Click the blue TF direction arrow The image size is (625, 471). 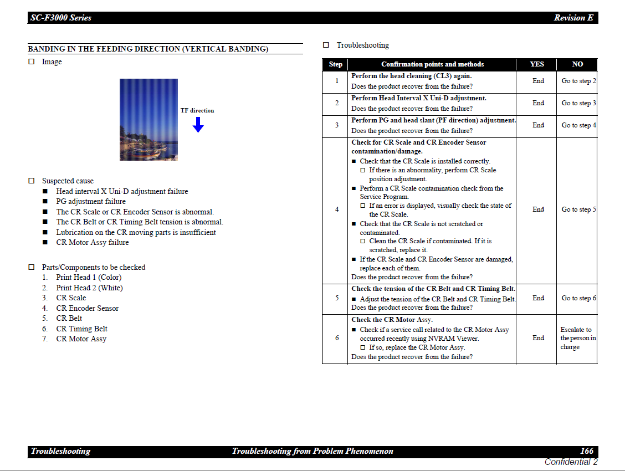click(x=198, y=125)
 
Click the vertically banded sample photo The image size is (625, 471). click(x=148, y=120)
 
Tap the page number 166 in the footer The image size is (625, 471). click(x=586, y=451)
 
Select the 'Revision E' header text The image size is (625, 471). click(x=573, y=18)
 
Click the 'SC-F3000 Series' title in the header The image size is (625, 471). click(x=61, y=18)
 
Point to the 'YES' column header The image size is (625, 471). click(x=536, y=64)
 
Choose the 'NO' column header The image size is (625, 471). click(x=577, y=64)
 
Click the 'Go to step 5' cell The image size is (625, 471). click(x=578, y=209)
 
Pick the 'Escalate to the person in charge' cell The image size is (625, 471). click(x=577, y=338)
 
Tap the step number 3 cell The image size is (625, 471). click(x=336, y=125)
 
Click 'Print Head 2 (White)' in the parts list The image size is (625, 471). click(x=89, y=288)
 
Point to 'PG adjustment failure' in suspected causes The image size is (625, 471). click(x=91, y=201)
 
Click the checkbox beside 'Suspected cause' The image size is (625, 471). click(x=32, y=181)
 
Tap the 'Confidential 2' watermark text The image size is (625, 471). click(x=571, y=462)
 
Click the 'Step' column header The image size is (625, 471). click(x=336, y=64)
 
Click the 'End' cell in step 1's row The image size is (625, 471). click(x=538, y=81)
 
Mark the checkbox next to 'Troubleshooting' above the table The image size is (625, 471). click(x=326, y=45)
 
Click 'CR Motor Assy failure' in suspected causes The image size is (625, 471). click(x=93, y=242)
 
